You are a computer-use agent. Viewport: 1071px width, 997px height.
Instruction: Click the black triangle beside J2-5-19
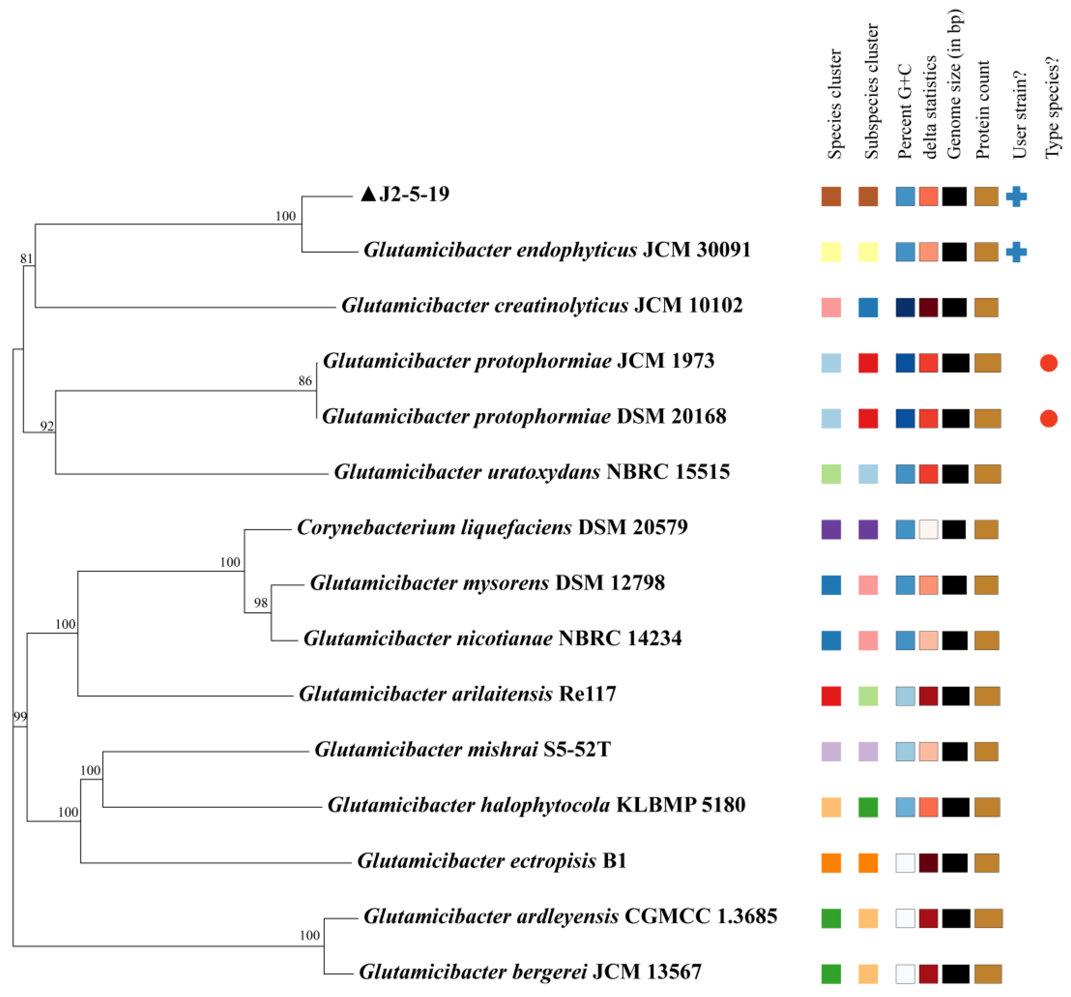click(368, 194)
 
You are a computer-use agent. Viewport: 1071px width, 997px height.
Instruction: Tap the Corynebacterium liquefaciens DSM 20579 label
click(492, 527)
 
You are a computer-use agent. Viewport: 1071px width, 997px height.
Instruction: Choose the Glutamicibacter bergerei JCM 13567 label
click(530, 972)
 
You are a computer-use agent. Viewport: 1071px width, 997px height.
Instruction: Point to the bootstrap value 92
click(47, 426)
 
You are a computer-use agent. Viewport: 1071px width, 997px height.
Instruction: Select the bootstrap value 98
click(261, 603)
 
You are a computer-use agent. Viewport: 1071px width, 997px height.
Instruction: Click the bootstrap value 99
click(20, 716)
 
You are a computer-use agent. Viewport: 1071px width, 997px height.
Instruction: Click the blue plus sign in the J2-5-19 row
click(1016, 197)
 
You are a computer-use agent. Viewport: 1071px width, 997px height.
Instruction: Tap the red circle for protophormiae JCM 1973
click(1048, 363)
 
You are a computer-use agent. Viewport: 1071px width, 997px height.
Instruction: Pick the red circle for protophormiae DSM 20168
click(1048, 418)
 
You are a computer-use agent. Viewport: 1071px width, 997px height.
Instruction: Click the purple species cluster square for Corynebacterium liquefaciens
click(831, 530)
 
